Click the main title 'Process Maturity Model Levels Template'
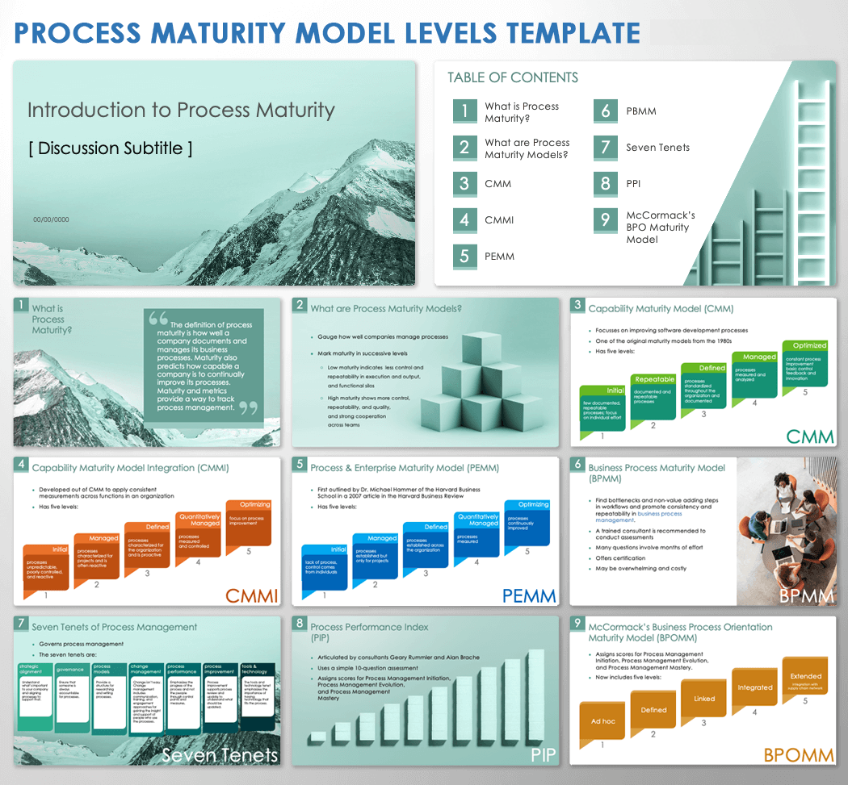pos(327,32)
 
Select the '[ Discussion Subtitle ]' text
pos(111,148)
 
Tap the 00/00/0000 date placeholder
pos(51,219)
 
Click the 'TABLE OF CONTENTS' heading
pos(513,77)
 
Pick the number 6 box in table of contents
pos(606,111)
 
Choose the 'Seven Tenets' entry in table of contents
pos(657,148)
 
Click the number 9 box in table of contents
pos(606,219)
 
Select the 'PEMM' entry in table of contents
pos(498,257)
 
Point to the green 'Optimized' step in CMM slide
pos(809,345)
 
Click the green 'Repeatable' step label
pos(655,379)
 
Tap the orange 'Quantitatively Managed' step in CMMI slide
pos(199,520)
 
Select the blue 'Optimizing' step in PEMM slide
pos(533,504)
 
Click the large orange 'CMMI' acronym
pos(252,596)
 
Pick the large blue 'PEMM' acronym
pos(529,596)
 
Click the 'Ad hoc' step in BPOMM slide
pos(602,721)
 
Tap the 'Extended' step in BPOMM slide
pos(805,676)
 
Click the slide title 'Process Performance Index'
pos(369,627)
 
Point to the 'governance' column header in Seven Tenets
pos(70,669)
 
